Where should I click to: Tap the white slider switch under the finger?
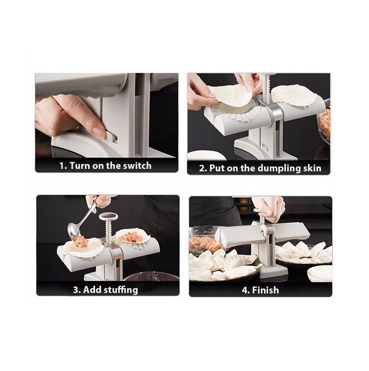pyautogui.click(x=109, y=137)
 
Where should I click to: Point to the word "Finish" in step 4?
pyautogui.click(x=265, y=290)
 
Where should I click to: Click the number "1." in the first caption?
pyautogui.click(x=63, y=166)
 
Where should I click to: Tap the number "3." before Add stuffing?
pyautogui.click(x=77, y=290)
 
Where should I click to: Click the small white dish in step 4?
pyautogui.click(x=320, y=274)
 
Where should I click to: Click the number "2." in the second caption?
pyautogui.click(x=203, y=168)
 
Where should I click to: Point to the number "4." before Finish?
pyautogui.click(x=246, y=290)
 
